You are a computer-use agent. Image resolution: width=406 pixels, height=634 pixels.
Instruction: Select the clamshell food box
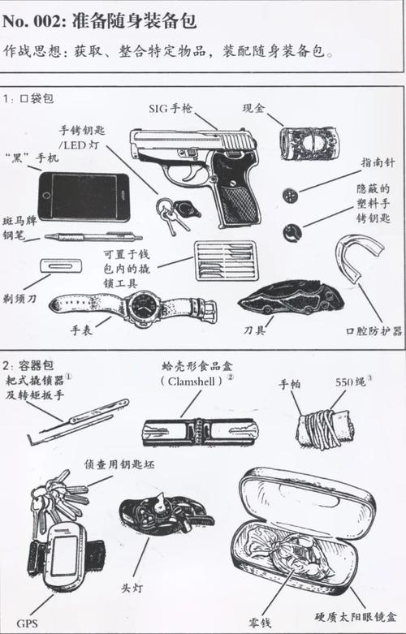(200, 430)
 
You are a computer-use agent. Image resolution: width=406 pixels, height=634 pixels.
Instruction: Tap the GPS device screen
(66, 554)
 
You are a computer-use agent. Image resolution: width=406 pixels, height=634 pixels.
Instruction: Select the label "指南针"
(378, 162)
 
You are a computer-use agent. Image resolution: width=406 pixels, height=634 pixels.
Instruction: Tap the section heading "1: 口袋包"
(28, 97)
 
